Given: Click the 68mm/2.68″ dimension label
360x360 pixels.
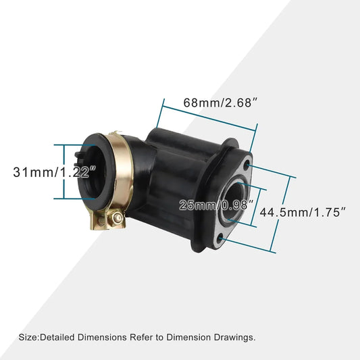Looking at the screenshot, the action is [221, 103].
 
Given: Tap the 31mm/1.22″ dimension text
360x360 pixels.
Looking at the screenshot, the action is [54, 172].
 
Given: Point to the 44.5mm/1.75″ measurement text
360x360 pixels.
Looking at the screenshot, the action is [303, 212].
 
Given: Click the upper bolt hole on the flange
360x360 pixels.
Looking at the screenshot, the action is [247, 165].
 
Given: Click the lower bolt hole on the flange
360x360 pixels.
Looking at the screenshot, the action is [221, 238].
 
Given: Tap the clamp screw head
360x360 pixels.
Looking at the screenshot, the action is [118, 217].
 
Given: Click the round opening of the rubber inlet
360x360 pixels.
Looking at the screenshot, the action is [94, 172].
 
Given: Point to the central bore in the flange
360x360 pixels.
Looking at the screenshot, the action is [235, 199].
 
